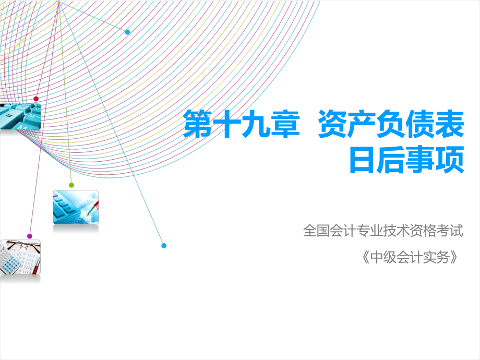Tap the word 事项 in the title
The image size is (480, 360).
435,160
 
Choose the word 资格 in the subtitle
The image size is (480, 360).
423,230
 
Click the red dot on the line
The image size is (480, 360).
36,99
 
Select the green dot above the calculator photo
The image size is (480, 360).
71,185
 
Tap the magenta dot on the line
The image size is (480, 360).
30,236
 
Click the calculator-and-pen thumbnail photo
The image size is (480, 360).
75,207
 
